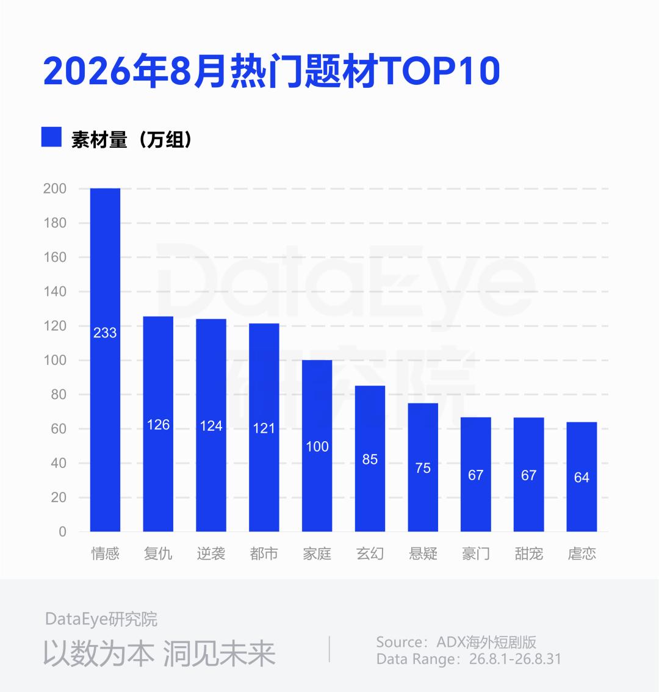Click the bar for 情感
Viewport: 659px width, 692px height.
pyautogui.click(x=105, y=359)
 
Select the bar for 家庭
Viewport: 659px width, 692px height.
pyautogui.click(x=317, y=445)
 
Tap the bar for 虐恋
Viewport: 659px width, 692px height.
pyautogui.click(x=582, y=477)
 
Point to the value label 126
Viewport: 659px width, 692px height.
pyautogui.click(x=158, y=425)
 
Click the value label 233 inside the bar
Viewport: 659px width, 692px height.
pyautogui.click(x=105, y=333)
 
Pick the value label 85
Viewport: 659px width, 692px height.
pyautogui.click(x=370, y=460)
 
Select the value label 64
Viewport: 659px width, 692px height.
pyautogui.click(x=582, y=477)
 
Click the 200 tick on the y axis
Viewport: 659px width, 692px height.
pyautogui.click(x=55, y=189)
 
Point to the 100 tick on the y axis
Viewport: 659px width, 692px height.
pyautogui.click(x=55, y=360)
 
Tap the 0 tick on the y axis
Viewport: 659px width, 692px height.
pyautogui.click(x=63, y=532)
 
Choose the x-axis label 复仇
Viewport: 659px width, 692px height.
pyautogui.click(x=158, y=553)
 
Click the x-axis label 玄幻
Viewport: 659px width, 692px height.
pyautogui.click(x=370, y=553)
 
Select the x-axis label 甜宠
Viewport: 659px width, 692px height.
pyautogui.click(x=529, y=553)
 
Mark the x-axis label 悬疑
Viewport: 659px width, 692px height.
pyautogui.click(x=423, y=553)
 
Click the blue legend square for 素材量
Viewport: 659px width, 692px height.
pyautogui.click(x=51, y=137)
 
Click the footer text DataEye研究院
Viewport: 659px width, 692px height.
pyautogui.click(x=101, y=619)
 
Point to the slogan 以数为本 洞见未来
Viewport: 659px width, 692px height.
pyautogui.click(x=159, y=653)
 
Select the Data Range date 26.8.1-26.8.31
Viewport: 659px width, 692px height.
pyautogui.click(x=515, y=659)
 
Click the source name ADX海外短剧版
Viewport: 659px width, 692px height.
pyautogui.click(x=486, y=642)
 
